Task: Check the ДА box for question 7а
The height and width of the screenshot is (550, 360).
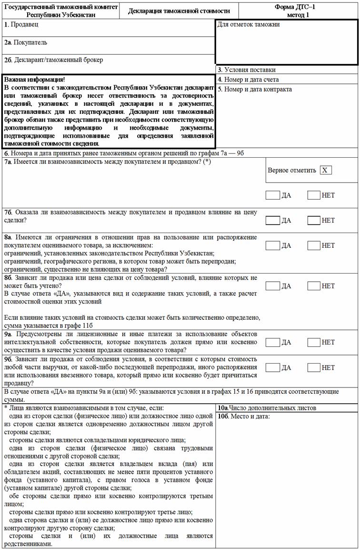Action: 273,195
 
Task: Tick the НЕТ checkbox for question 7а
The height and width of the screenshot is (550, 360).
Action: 314,195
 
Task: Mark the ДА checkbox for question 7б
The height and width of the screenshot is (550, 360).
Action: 273,220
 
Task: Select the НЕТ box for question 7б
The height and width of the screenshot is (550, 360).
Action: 314,220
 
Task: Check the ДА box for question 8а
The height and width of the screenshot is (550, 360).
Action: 273,245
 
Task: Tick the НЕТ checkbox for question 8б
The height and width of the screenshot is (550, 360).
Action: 314,286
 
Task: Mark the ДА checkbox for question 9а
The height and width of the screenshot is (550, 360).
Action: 273,342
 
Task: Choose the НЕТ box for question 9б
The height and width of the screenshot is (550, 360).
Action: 314,367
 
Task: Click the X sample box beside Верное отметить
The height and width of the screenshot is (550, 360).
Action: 326,170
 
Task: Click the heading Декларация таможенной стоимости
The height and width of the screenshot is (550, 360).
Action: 179,11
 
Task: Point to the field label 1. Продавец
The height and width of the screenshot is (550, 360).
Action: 21,24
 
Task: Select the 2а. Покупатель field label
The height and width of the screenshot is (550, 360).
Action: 26,42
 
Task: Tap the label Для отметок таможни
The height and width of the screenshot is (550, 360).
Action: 249,25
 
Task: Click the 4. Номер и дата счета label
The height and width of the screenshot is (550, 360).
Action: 248,79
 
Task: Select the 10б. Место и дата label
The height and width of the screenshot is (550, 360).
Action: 244,417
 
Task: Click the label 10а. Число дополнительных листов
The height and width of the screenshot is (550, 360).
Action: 267,408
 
